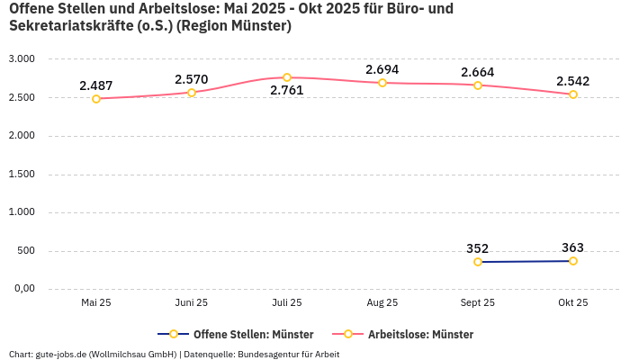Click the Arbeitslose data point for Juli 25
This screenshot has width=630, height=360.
click(287, 77)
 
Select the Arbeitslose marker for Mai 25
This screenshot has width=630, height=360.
click(96, 99)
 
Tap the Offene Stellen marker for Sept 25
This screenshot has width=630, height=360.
click(478, 262)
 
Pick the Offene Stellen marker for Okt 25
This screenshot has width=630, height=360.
click(573, 261)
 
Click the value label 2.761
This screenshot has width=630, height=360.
click(287, 90)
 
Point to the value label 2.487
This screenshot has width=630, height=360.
click(96, 85)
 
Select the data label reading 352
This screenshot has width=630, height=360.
click(478, 248)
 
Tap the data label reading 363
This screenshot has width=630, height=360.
click(573, 247)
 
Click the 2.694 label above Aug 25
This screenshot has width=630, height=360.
click(382, 69)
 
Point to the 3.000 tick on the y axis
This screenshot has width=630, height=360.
click(21, 59)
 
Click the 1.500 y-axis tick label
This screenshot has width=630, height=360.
click(21, 175)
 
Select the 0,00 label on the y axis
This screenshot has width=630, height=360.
click(22, 289)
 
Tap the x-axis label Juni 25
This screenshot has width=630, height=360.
click(192, 303)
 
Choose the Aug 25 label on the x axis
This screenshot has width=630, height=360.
click(382, 303)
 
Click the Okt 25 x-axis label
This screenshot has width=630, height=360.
click(573, 303)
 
